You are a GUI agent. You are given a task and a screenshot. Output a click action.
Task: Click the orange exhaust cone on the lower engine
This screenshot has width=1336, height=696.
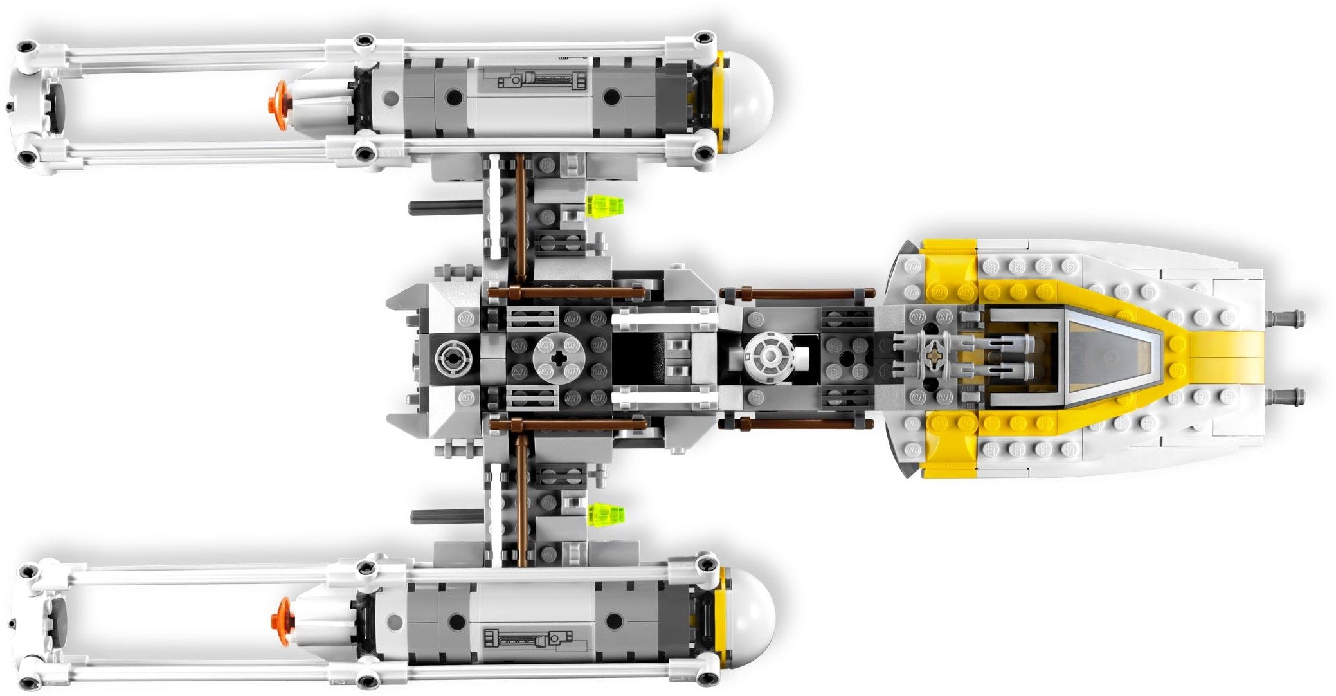(282, 619)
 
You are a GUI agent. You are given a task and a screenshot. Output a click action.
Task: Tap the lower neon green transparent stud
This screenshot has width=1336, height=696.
(606, 514)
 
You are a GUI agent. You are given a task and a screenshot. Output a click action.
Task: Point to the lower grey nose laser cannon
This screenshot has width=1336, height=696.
(1286, 395)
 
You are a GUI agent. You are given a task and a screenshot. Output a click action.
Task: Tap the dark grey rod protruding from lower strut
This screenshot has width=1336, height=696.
(446, 516)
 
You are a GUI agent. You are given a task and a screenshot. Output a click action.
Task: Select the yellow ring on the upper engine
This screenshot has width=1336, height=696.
(721, 101)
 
